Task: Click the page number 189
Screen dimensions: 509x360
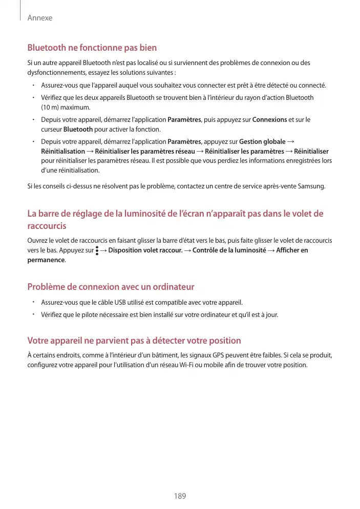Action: pos(180,496)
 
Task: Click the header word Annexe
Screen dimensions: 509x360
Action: pos(39,18)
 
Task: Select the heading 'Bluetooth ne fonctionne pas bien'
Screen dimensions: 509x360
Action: pos(92,48)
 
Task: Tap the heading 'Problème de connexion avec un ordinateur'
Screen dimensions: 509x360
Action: pos(111,287)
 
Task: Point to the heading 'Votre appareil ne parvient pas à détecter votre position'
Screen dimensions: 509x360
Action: pos(134,341)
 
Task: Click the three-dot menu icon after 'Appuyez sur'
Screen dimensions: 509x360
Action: pos(97,250)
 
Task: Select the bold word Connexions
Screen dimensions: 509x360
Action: pos(270,120)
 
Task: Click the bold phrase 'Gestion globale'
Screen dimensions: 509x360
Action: pos(262,141)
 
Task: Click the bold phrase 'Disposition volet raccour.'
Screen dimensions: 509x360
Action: pos(145,250)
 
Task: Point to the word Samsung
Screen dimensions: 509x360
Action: pos(312,185)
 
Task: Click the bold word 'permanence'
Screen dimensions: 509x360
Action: pos(46,260)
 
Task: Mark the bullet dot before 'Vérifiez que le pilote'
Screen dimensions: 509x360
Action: pos(32,314)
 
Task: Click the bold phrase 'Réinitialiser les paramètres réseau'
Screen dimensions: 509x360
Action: pos(145,151)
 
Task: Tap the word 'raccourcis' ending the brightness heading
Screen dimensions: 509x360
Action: pos(47,226)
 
